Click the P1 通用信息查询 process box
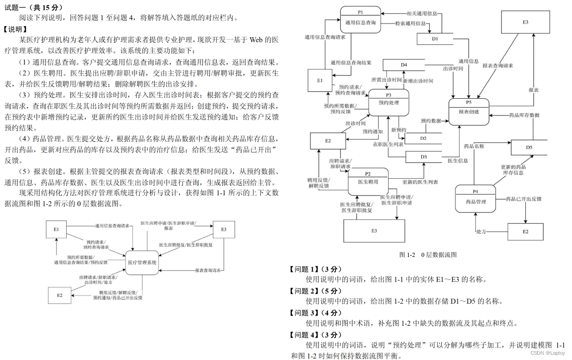click(361, 20)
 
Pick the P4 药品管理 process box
click(475, 199)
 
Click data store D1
click(435, 39)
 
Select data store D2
click(423, 138)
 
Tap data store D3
click(423, 157)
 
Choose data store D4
click(404, 65)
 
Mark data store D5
click(529, 147)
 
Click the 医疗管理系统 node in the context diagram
click(142, 263)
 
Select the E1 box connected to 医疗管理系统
click(56, 229)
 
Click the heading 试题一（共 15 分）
click(33, 8)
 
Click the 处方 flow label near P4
click(480, 232)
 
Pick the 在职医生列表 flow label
click(388, 144)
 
